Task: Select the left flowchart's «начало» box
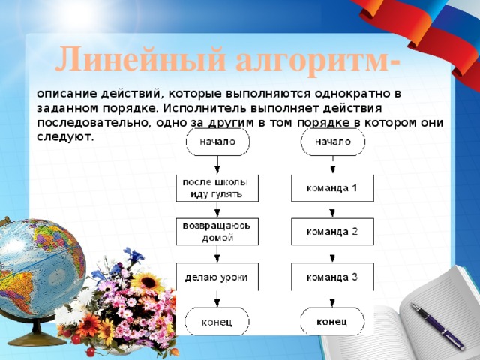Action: (x=217, y=141)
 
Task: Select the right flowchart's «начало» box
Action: (x=331, y=141)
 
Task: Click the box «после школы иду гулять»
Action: (x=217, y=187)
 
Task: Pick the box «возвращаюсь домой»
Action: (x=217, y=232)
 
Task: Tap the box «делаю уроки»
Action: (x=217, y=277)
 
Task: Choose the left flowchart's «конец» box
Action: (x=217, y=322)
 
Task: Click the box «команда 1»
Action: (x=331, y=187)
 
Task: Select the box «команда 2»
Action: (x=331, y=232)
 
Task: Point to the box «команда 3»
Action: (x=331, y=277)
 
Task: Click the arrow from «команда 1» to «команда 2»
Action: (x=331, y=210)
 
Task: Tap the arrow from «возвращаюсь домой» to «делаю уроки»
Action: (x=217, y=254)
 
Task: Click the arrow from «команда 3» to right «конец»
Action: (x=331, y=299)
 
